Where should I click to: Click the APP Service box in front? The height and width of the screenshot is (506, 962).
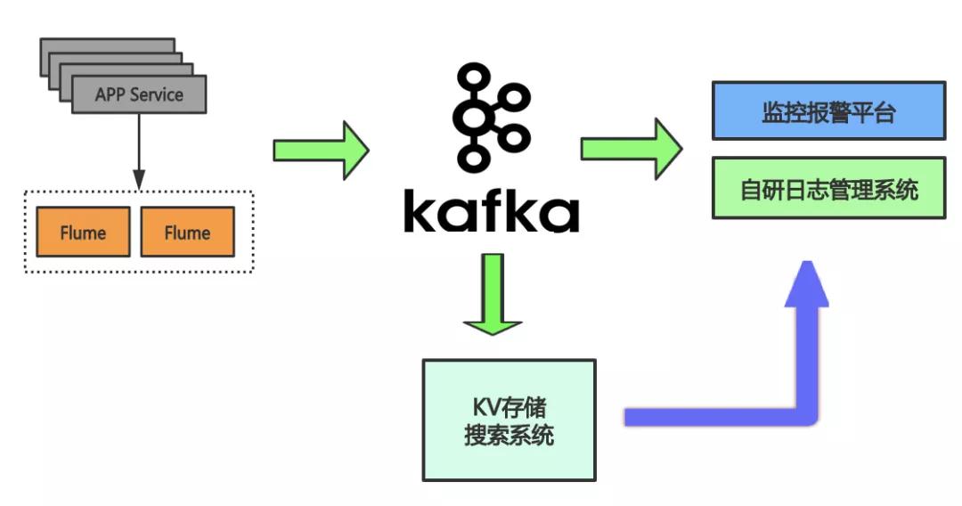139,94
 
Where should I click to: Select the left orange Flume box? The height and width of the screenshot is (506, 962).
83,233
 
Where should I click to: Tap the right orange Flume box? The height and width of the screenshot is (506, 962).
187,233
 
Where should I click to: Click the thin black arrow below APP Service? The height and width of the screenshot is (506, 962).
138,151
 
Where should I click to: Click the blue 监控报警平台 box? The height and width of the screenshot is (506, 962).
828,110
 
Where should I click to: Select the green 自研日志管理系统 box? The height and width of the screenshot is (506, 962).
828,188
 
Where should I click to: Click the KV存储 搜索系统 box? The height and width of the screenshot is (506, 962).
509,420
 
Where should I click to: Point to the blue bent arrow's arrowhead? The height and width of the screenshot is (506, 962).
807,283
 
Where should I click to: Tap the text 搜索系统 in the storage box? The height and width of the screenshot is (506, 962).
509,436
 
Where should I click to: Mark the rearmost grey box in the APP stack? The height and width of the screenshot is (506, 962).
107,45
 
